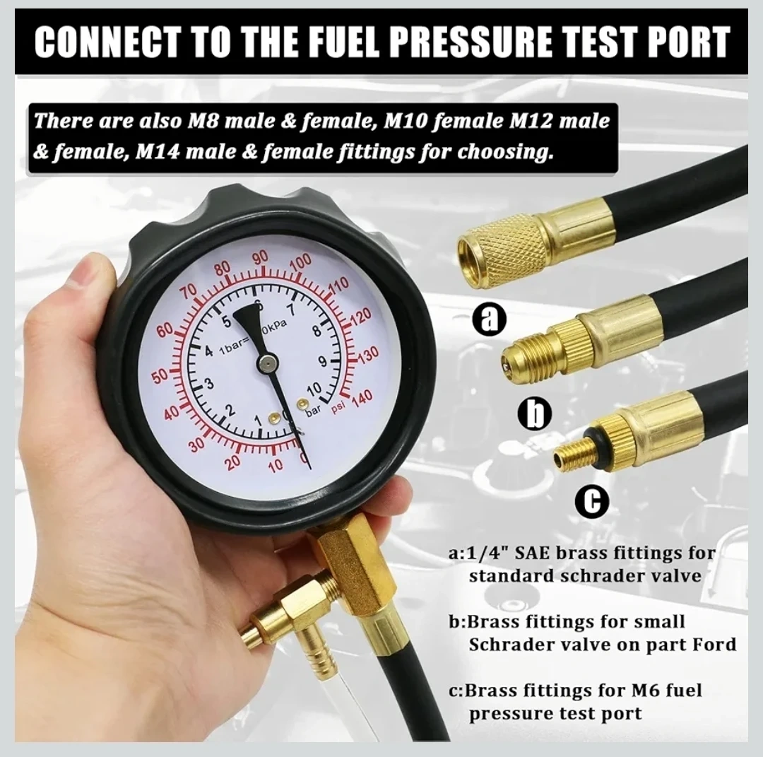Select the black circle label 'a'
[x=490, y=320]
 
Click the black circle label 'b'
[x=535, y=412]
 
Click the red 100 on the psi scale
[x=300, y=263]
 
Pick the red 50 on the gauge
[x=162, y=377]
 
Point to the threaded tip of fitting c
[x=570, y=451]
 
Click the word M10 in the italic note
[x=404, y=120]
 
